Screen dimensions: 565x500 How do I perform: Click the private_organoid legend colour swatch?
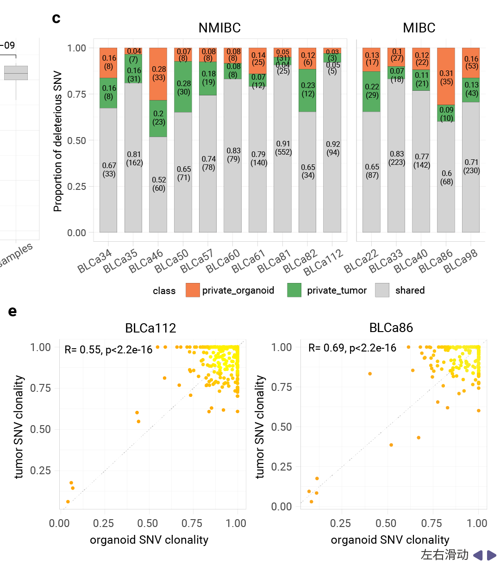[193, 290]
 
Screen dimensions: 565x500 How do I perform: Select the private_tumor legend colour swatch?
[294, 290]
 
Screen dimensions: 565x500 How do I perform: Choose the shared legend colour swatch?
[382, 290]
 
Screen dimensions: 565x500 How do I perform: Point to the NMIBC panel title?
[219, 28]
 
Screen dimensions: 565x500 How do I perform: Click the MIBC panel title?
[419, 28]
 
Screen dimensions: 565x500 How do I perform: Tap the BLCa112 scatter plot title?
[150, 328]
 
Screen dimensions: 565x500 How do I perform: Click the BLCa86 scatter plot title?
[391, 328]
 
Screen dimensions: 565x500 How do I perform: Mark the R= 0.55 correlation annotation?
[108, 350]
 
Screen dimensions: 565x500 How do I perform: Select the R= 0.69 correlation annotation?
[352, 348]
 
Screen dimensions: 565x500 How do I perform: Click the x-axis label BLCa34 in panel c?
[95, 261]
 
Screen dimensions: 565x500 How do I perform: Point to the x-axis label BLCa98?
[461, 261]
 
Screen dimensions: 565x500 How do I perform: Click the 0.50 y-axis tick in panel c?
[76, 140]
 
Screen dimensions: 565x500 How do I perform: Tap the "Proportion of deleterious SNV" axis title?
[58, 141]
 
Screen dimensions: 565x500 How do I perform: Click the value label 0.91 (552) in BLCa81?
[283, 148]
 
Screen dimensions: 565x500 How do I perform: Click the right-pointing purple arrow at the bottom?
[492, 555]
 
